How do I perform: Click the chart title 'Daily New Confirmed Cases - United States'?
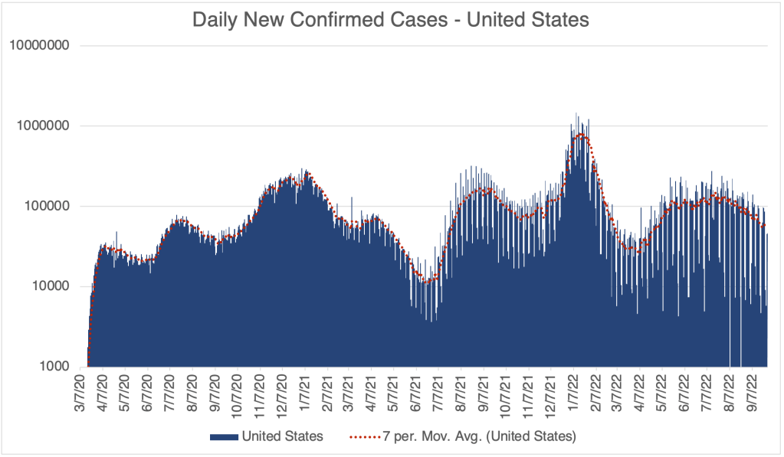click(x=391, y=20)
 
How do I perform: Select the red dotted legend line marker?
click(x=367, y=436)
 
